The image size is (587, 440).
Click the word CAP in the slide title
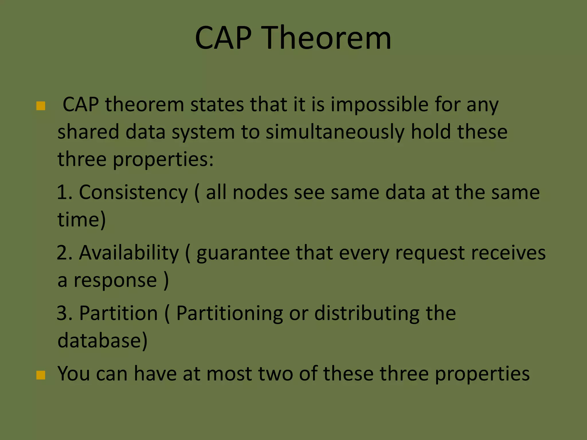point(223,38)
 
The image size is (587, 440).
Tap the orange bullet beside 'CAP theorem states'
point(41,106)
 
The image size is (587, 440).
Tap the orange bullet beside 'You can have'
point(41,375)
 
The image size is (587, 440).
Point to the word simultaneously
point(335,132)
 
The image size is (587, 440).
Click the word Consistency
point(133,192)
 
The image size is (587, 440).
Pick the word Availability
point(129,253)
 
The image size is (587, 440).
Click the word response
point(115,280)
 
